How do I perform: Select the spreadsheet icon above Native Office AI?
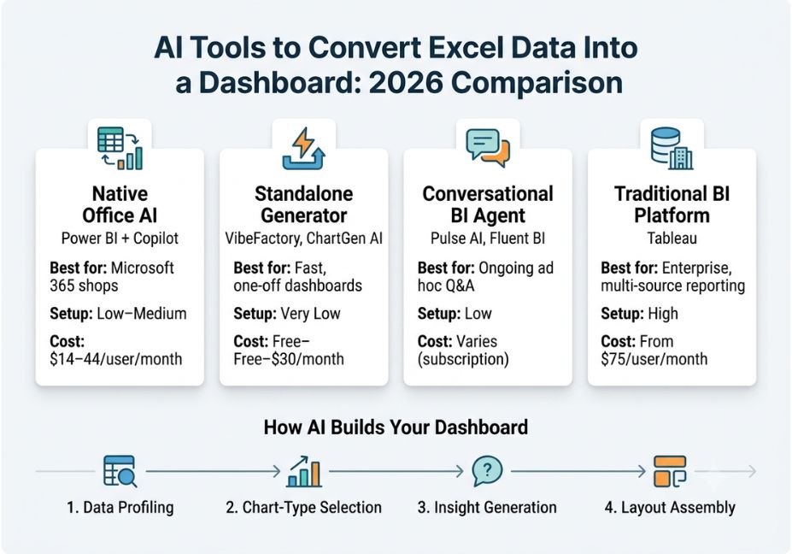120,148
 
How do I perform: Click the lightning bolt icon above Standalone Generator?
303,148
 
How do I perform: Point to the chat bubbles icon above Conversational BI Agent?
488,148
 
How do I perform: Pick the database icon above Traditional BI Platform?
672,148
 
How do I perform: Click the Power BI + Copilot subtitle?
120,238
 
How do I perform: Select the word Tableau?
672,238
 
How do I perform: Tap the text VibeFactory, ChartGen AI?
303,238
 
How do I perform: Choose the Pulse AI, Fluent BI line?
488,238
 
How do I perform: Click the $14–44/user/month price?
115,359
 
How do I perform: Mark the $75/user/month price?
654,359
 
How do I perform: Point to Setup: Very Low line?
287,314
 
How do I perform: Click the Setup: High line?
639,314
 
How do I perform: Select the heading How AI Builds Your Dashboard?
396,427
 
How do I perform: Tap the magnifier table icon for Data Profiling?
120,471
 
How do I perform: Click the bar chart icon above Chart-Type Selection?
303,471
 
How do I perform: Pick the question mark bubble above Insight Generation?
488,471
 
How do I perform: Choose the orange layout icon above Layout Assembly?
670,471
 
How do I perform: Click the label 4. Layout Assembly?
670,508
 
